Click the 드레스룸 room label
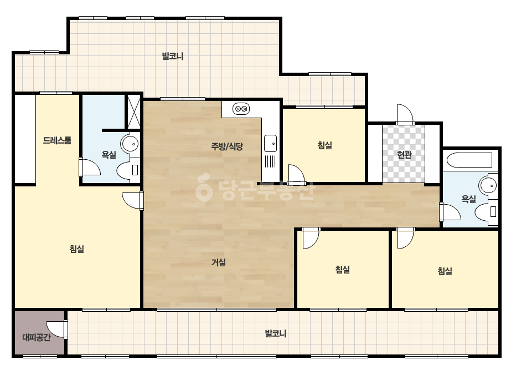coord(57,140)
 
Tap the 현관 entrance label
coord(404,155)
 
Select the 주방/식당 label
coord(227,146)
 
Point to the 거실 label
coord(218,262)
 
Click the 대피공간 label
coord(37,337)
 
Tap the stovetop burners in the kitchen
coord(241,109)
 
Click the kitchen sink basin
coord(270,144)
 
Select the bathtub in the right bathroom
coord(469,160)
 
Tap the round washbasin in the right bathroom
coord(488,185)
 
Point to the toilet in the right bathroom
coord(486,212)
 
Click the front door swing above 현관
coord(405,114)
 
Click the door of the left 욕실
coord(89,166)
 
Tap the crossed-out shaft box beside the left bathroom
coord(133,112)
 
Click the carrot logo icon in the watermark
coord(204,188)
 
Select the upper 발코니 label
coord(173,56)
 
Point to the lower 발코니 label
coord(275,333)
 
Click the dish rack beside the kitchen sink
coord(270,161)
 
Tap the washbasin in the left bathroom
coord(130,143)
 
